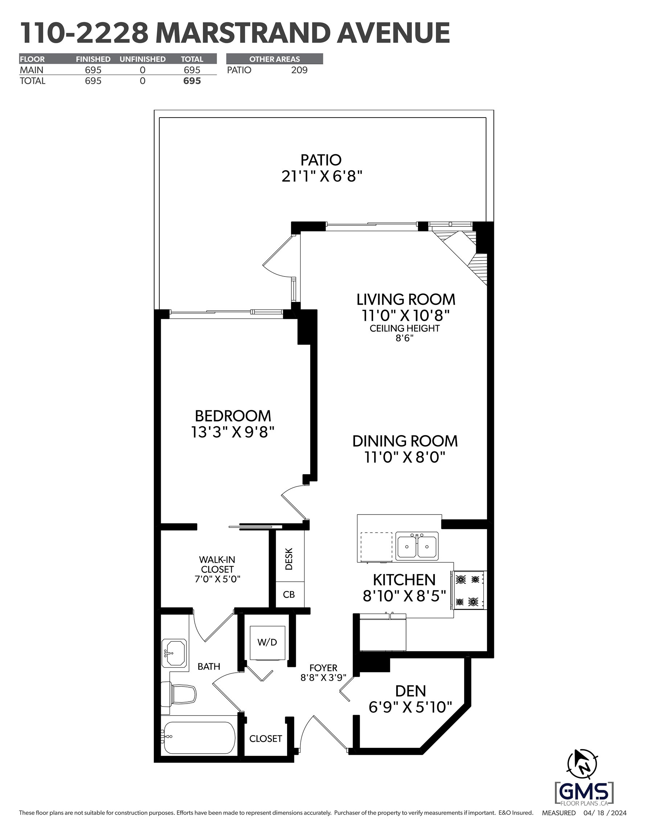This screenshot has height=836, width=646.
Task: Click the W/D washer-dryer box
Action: pos(267,643)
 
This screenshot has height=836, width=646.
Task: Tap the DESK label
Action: pos(289,559)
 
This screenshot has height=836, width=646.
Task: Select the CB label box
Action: pos(290,594)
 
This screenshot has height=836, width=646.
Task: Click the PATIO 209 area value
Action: pos(299,70)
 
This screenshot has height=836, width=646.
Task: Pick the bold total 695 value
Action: pos(192,81)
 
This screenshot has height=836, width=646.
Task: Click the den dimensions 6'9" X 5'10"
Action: pos(410,707)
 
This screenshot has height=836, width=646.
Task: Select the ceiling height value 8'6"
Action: pos(404,339)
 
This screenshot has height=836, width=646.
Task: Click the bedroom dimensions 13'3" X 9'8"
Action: pos(233,432)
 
